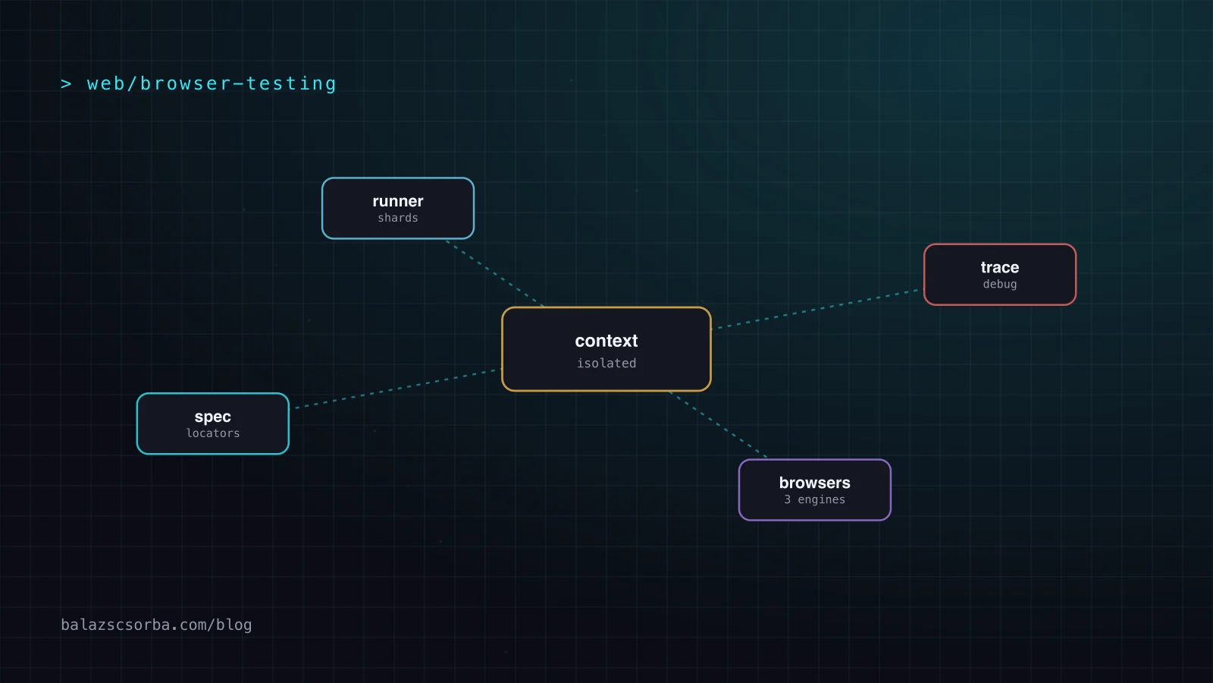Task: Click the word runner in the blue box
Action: tap(398, 201)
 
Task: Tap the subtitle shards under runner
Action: tap(398, 218)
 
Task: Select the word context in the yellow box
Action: tap(606, 341)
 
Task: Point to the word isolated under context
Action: tap(606, 364)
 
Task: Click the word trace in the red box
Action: tap(1000, 267)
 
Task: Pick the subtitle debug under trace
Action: tap(1000, 284)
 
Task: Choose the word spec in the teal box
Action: tap(213, 417)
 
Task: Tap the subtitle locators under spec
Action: tap(213, 433)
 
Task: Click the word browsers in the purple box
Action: tap(814, 483)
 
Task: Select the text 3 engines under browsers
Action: tap(814, 500)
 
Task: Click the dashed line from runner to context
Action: tap(494, 273)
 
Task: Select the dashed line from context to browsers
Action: tap(718, 424)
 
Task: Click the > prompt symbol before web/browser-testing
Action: tap(66, 84)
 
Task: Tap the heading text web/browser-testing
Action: tap(212, 84)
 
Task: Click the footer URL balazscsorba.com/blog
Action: tap(156, 625)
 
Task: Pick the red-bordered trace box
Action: tap(1000, 274)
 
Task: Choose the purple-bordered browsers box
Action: tap(814, 490)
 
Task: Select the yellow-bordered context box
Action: tap(606, 349)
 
